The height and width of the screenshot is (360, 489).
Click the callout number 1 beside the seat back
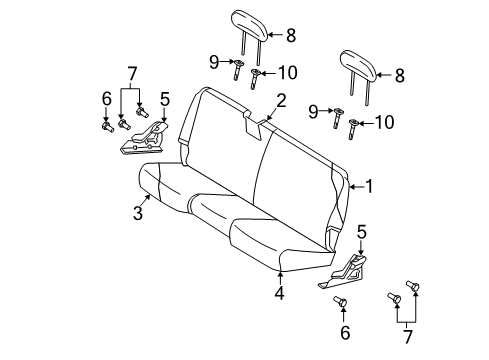point(369,185)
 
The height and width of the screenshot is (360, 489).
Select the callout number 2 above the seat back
point(282,99)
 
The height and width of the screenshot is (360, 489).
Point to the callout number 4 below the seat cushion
point(281,293)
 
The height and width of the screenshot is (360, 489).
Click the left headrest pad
point(246,20)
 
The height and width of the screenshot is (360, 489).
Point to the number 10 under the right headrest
point(384,122)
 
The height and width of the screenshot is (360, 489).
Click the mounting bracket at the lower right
point(349,271)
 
